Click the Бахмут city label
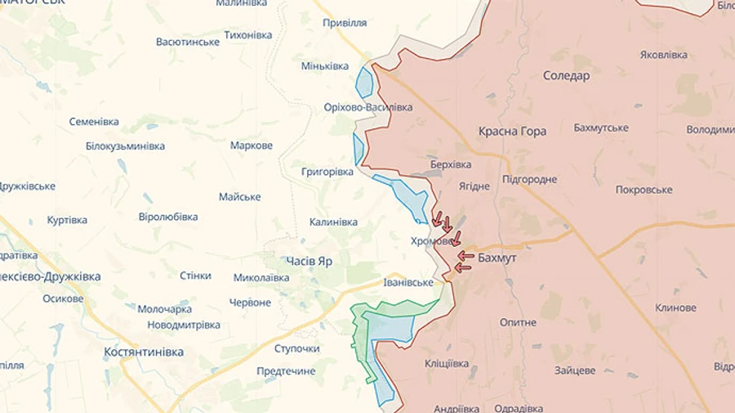pyautogui.click(x=498, y=257)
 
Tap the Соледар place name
pyautogui.click(x=566, y=75)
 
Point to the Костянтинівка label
pyautogui.click(x=144, y=352)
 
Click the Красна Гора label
pyautogui.click(x=512, y=131)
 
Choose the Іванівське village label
pyautogui.click(x=408, y=282)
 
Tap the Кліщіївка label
pyautogui.click(x=447, y=363)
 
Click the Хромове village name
pyautogui.click(x=431, y=241)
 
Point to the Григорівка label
pyautogui.click(x=327, y=172)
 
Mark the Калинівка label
pyautogui.click(x=333, y=222)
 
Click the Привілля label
pyautogui.click(x=345, y=23)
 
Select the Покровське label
pyautogui.click(x=644, y=190)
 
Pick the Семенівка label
pyautogui.click(x=94, y=121)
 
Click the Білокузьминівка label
pyautogui.click(x=125, y=146)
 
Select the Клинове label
pyautogui.click(x=675, y=308)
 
